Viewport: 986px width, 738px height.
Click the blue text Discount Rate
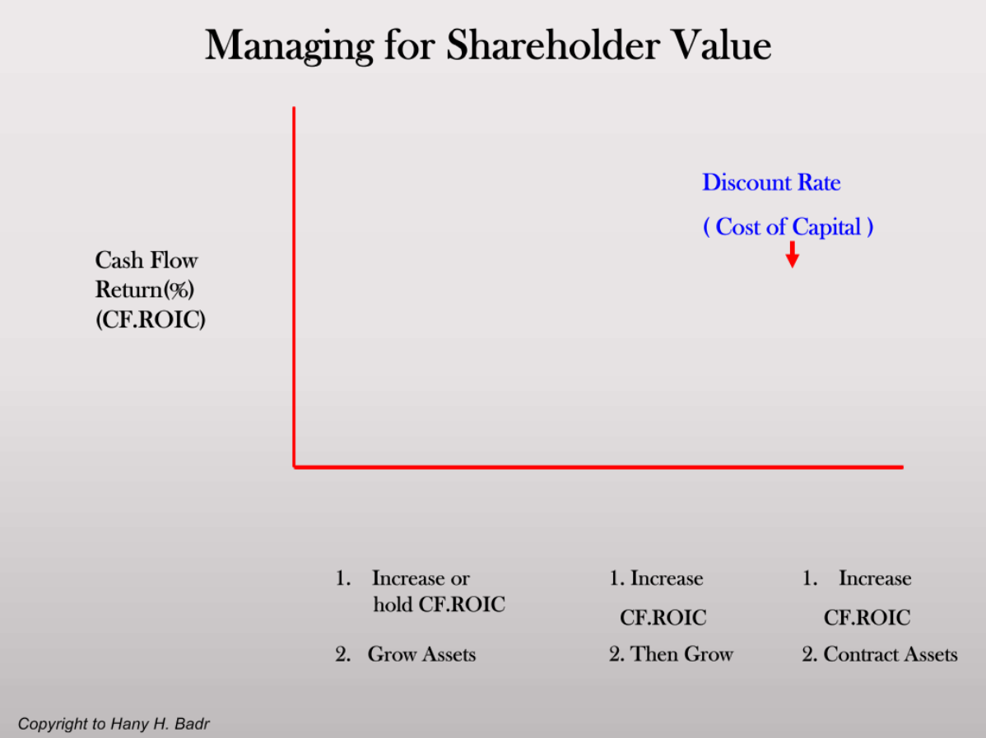pyautogui.click(x=771, y=183)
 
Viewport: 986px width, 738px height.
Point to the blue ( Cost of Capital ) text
pyautogui.click(x=788, y=227)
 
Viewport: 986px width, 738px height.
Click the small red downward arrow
pyautogui.click(x=792, y=255)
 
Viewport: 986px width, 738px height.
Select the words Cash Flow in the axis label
pyautogui.click(x=147, y=261)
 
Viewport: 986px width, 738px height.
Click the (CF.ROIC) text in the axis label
pyautogui.click(x=150, y=319)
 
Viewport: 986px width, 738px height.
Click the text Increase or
pyautogui.click(x=421, y=578)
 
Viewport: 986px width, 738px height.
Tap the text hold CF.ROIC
pyautogui.click(x=439, y=606)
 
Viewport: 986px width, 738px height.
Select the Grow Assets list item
pyautogui.click(x=421, y=655)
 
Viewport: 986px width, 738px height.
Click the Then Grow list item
pyautogui.click(x=681, y=655)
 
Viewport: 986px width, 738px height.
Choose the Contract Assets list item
pyautogui.click(x=890, y=655)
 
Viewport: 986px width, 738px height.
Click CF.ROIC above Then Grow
pyautogui.click(x=663, y=617)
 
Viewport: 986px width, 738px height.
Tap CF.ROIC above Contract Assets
pyautogui.click(x=867, y=617)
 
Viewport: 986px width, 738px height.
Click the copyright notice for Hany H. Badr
pyautogui.click(x=114, y=725)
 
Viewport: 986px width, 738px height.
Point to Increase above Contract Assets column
pyautogui.click(x=874, y=578)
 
